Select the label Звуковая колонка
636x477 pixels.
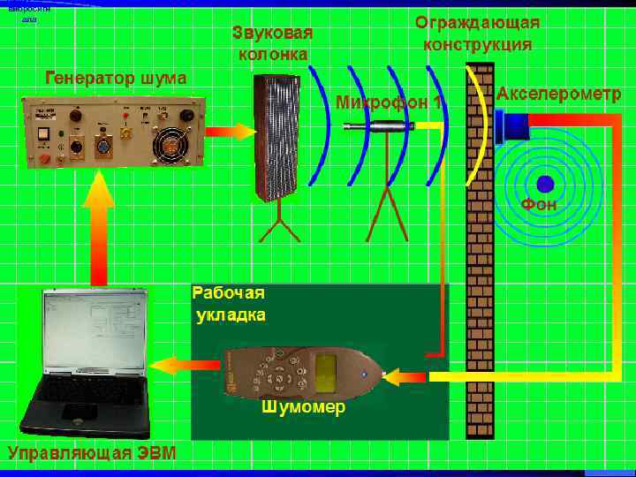coord(273,43)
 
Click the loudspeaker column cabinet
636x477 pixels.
coord(277,136)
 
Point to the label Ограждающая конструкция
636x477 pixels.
coord(478,33)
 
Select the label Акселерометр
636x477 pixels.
coord(558,94)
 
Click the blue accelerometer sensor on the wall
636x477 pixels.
coord(512,125)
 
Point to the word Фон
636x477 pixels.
coord(539,205)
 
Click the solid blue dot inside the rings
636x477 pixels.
coord(544,183)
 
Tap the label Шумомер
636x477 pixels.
coord(303,408)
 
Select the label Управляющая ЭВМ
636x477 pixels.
coord(92,454)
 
